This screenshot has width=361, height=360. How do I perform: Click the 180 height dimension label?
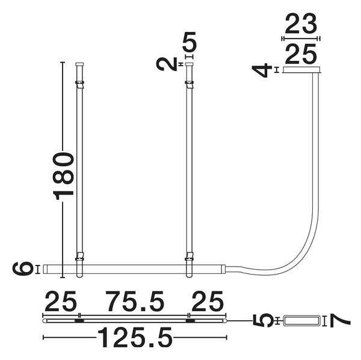(63, 176)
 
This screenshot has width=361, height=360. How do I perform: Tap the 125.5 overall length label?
(135, 338)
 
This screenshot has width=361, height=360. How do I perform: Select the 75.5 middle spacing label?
(135, 301)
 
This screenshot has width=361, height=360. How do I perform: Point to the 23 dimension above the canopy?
(301, 23)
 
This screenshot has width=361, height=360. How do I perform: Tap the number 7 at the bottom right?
(340, 321)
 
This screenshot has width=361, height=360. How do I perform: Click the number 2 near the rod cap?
(167, 64)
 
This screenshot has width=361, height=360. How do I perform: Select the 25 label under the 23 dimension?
(301, 54)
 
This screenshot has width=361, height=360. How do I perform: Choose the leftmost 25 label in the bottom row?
(60, 301)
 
